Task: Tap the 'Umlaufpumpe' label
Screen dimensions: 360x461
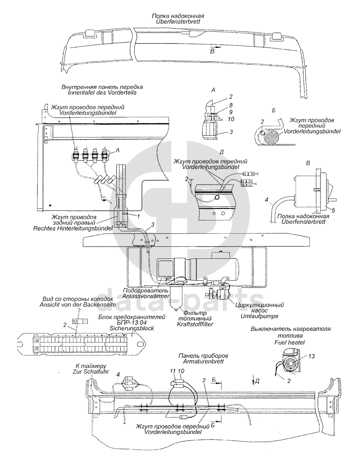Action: pos(259,316)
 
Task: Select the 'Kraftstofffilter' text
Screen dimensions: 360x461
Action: pos(195,324)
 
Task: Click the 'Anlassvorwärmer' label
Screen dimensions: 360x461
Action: pos(146,296)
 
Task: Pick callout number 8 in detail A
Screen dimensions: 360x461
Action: pos(231,105)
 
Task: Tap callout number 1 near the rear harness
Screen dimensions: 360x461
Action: pos(138,216)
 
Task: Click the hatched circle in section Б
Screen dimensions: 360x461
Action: pos(270,136)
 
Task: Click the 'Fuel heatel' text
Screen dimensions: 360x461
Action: pos(290,342)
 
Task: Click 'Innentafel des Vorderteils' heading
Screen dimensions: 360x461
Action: pos(102,93)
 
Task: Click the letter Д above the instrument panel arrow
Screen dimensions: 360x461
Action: pos(257,381)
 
